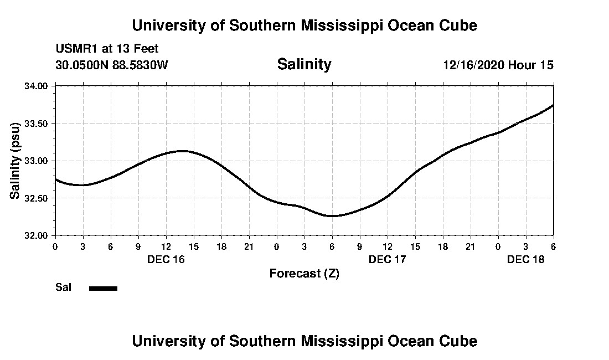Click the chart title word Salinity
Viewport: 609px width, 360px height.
(x=304, y=64)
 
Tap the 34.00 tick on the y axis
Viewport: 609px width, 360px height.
(x=37, y=86)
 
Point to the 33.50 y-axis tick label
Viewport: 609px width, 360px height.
(x=37, y=123)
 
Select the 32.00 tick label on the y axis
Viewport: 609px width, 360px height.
(x=37, y=235)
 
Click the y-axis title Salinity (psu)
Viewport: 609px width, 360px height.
(x=16, y=161)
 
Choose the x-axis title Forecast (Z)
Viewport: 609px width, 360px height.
(x=304, y=274)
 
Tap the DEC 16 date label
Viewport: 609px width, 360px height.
(x=166, y=259)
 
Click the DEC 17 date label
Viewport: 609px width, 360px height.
(x=387, y=259)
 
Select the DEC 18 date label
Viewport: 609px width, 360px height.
(x=525, y=259)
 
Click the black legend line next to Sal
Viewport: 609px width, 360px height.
(x=103, y=288)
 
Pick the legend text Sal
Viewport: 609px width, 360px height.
(x=63, y=287)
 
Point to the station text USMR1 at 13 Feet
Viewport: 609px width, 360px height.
(x=107, y=49)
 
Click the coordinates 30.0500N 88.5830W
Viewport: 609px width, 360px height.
(x=111, y=65)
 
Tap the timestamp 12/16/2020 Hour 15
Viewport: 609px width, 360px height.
(x=498, y=65)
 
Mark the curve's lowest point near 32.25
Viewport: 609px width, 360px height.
(x=332, y=215)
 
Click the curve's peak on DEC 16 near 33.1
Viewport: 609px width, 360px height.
(x=184, y=151)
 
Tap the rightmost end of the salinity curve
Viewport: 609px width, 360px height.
(x=553, y=105)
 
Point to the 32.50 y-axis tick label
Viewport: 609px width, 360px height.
(x=37, y=198)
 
